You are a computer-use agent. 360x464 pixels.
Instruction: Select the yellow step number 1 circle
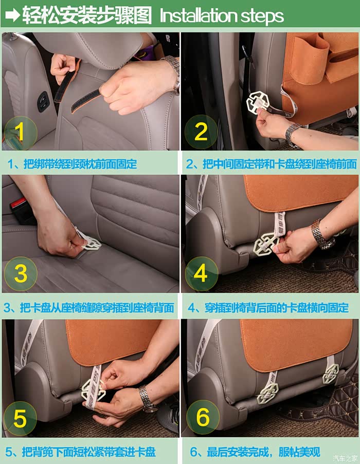[x=20, y=132]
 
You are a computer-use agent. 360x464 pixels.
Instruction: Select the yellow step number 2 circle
[x=201, y=132]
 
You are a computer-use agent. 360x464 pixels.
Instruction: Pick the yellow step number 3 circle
[x=21, y=274]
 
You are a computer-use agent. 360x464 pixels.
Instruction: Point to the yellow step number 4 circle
[x=202, y=274]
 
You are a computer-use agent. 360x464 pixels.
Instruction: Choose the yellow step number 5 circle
[x=20, y=418]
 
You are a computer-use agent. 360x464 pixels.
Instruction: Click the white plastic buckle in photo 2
[x=257, y=103]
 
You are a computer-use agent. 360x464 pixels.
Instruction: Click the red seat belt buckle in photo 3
[x=18, y=205]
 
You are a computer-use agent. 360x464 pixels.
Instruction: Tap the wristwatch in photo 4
[x=322, y=234]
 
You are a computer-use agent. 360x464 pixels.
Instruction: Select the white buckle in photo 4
[x=266, y=243]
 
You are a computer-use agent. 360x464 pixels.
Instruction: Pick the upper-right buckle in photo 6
[x=330, y=374]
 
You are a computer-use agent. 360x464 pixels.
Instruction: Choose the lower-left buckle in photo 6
[x=267, y=394]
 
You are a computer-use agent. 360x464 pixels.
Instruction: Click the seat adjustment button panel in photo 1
[x=43, y=102]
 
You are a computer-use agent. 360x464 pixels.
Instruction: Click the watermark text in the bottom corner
[x=345, y=458]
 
